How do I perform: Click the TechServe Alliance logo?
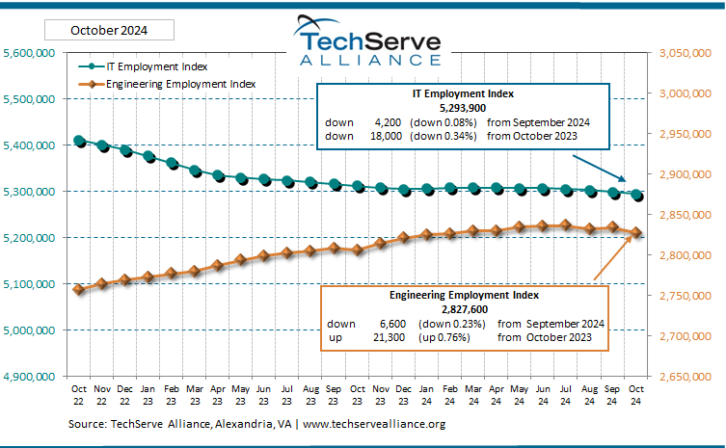pyautogui.click(x=368, y=41)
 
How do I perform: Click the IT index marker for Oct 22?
pyautogui.click(x=79, y=141)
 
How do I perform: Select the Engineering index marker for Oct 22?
pyautogui.click(x=79, y=289)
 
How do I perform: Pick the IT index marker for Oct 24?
pyautogui.click(x=636, y=195)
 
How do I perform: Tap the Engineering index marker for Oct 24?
pyautogui.click(x=636, y=232)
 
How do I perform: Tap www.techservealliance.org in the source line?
pyautogui.click(x=375, y=424)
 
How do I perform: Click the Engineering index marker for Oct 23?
pyautogui.click(x=358, y=250)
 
